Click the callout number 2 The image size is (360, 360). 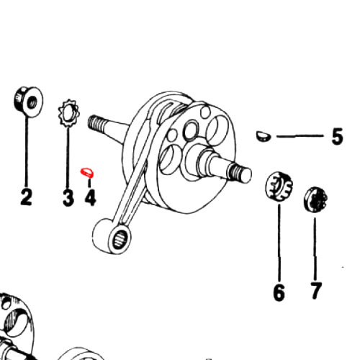click(x=26, y=197)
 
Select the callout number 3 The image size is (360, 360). click(x=68, y=197)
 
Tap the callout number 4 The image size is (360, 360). click(x=90, y=197)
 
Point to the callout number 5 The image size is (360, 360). click(x=337, y=137)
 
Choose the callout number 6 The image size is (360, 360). click(x=279, y=292)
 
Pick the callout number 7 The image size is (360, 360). click(x=315, y=291)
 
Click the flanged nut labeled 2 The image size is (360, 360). click(x=28, y=102)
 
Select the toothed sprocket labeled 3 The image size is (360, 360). click(x=69, y=113)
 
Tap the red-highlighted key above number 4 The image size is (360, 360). click(x=88, y=173)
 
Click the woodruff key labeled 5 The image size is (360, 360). click(x=264, y=136)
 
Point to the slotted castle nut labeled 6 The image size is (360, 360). click(x=279, y=185)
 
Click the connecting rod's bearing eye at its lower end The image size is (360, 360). click(x=119, y=239)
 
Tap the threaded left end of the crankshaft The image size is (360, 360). click(x=97, y=123)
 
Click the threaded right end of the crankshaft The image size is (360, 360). click(x=240, y=171)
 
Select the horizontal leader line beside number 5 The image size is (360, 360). click(x=300, y=136)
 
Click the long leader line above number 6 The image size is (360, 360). click(x=279, y=243)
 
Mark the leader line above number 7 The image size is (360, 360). click(x=315, y=248)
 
